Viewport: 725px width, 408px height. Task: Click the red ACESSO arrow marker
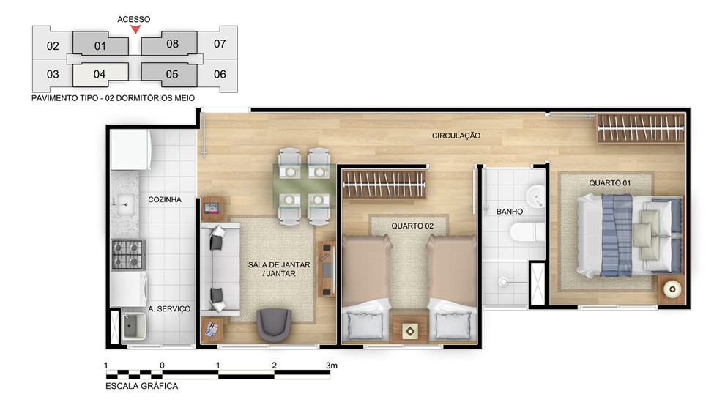(135, 29)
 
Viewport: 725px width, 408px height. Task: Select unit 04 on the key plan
(100, 74)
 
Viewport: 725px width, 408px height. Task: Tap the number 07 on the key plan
(220, 44)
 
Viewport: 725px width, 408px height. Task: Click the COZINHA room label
(165, 199)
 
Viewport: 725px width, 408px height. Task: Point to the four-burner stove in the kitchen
(129, 255)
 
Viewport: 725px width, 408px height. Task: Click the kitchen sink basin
(125, 204)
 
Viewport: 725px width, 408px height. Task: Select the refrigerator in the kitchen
(131, 150)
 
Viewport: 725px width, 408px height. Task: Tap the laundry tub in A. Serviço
(133, 326)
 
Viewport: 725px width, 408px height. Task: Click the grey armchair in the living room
(274, 324)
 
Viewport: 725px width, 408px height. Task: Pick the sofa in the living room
(220, 269)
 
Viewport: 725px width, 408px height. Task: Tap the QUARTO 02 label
(412, 226)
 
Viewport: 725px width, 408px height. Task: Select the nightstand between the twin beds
(410, 330)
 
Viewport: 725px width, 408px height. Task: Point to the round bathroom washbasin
(536, 196)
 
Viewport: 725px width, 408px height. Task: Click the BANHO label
(510, 212)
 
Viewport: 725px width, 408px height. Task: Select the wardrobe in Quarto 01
(640, 128)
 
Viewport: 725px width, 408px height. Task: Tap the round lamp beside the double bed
(672, 289)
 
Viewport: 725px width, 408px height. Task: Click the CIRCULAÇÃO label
(456, 136)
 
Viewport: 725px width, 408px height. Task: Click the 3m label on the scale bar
(332, 366)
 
